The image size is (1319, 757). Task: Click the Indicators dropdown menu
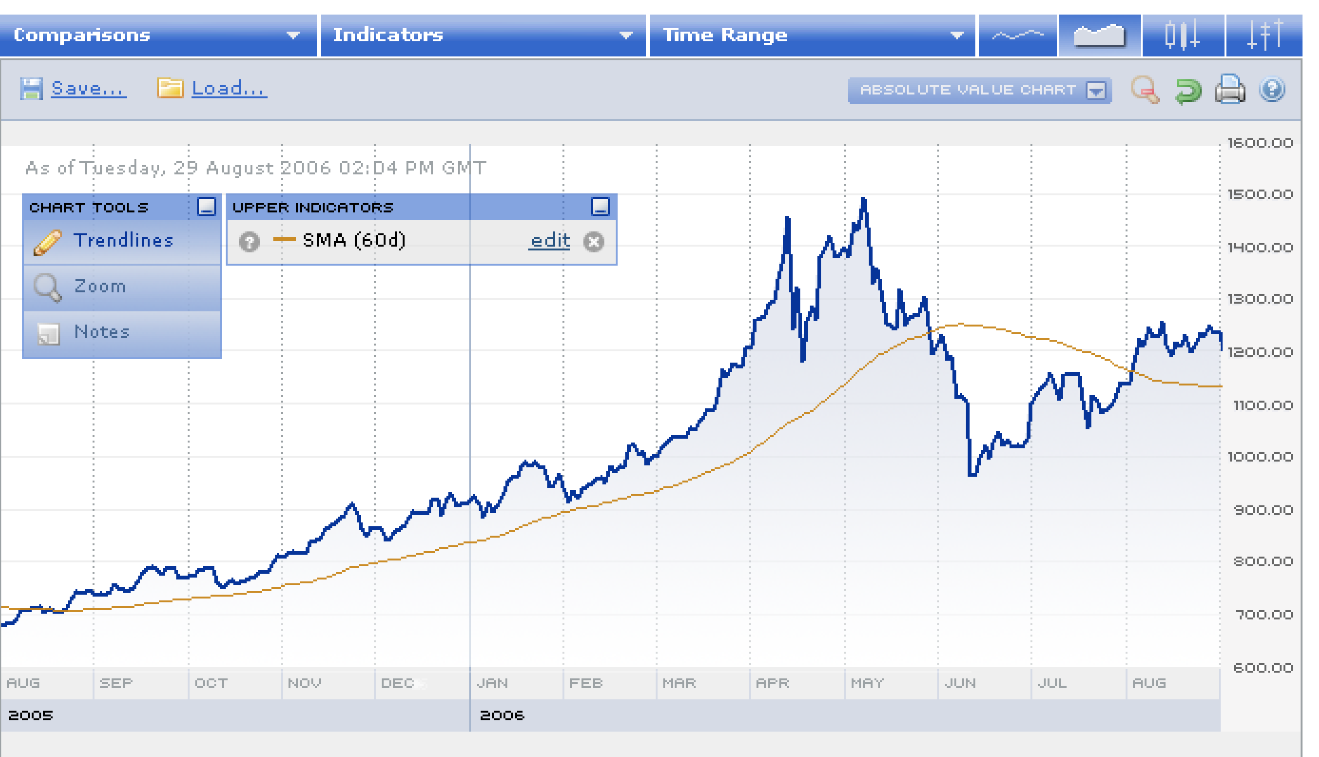pyautogui.click(x=483, y=36)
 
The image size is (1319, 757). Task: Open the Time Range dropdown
pyautogui.click(x=812, y=36)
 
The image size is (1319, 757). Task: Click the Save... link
pyautogui.click(x=88, y=89)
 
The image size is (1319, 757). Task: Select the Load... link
pyautogui.click(x=229, y=89)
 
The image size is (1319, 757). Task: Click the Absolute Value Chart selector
pyautogui.click(x=979, y=90)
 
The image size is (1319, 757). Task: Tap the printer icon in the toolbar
pyautogui.click(x=1230, y=89)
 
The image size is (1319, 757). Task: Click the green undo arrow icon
pyautogui.click(x=1188, y=90)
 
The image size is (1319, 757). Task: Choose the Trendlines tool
pyautogui.click(x=123, y=241)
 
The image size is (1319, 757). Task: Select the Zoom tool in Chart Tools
pyautogui.click(x=100, y=287)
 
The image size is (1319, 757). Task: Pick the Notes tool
pyautogui.click(x=101, y=332)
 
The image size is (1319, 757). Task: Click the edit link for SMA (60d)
pyautogui.click(x=550, y=241)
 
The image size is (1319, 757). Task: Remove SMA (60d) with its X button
pyautogui.click(x=594, y=242)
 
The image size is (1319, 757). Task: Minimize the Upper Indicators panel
pyautogui.click(x=600, y=207)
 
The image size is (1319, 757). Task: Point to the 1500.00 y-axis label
pyautogui.click(x=1259, y=195)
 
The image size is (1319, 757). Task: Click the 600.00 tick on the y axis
pyautogui.click(x=1262, y=668)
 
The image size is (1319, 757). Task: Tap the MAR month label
pyautogui.click(x=679, y=683)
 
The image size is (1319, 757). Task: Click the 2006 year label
pyautogui.click(x=502, y=716)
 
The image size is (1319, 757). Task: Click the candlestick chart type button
pyautogui.click(x=1182, y=36)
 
